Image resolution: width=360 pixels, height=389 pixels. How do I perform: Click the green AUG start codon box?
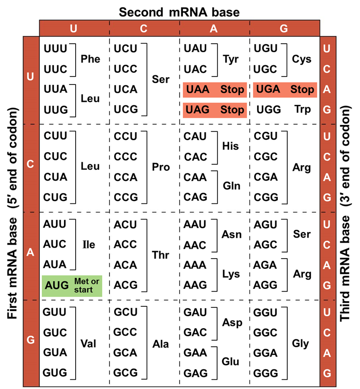[x=72, y=286]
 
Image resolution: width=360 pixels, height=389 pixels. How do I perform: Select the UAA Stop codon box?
[x=214, y=90]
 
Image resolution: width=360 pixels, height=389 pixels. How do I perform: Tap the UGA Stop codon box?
[x=285, y=90]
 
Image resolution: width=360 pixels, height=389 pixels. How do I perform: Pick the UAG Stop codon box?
[x=214, y=110]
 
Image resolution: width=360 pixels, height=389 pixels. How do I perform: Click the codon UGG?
[x=266, y=110]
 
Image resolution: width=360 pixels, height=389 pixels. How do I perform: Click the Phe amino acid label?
[x=90, y=59]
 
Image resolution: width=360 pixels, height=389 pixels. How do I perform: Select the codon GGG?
[x=266, y=373]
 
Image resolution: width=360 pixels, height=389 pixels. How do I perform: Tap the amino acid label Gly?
[x=301, y=344]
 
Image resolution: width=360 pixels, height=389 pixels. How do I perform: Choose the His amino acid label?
[x=231, y=146]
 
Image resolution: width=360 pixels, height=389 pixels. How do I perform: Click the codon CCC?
[x=126, y=157]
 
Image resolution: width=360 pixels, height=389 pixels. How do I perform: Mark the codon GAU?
[x=195, y=312]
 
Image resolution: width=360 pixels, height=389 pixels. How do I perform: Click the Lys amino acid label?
[x=231, y=274]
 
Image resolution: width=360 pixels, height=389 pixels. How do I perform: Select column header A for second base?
[x=214, y=28]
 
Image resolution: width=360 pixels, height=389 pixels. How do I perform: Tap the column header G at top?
[x=284, y=28]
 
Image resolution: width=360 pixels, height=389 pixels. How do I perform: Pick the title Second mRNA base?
[x=179, y=12]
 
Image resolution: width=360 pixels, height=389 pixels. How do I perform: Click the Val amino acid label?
[x=88, y=344]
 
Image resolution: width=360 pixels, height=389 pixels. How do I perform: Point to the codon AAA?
[x=195, y=265]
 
